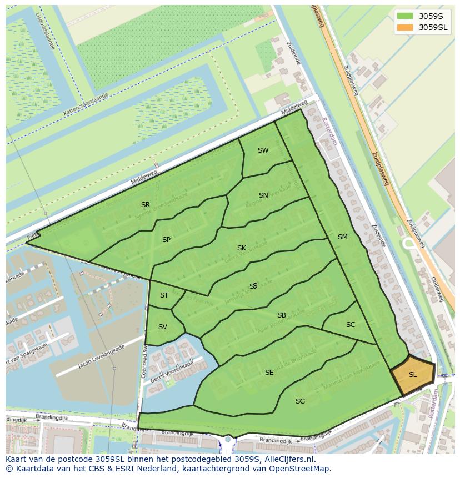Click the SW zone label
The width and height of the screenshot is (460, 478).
click(263, 150)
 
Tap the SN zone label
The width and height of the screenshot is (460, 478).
click(263, 195)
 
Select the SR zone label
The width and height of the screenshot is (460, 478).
click(146, 205)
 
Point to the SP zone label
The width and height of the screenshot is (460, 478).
click(166, 240)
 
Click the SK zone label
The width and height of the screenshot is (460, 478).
click(241, 248)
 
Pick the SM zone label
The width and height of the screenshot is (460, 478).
click(342, 237)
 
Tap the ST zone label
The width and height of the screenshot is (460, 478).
click(164, 295)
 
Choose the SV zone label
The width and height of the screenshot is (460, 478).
click(162, 327)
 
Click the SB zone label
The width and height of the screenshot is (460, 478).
click(281, 315)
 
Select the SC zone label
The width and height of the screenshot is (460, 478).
click(350, 325)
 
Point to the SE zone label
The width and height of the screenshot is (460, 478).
click(269, 373)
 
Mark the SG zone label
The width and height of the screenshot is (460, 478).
click(300, 401)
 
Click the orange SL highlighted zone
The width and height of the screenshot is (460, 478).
click(413, 375)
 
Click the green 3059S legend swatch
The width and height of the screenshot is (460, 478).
click(405, 16)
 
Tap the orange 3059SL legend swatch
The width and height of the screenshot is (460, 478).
click(405, 27)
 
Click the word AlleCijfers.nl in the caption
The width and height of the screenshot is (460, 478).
click(289, 460)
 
